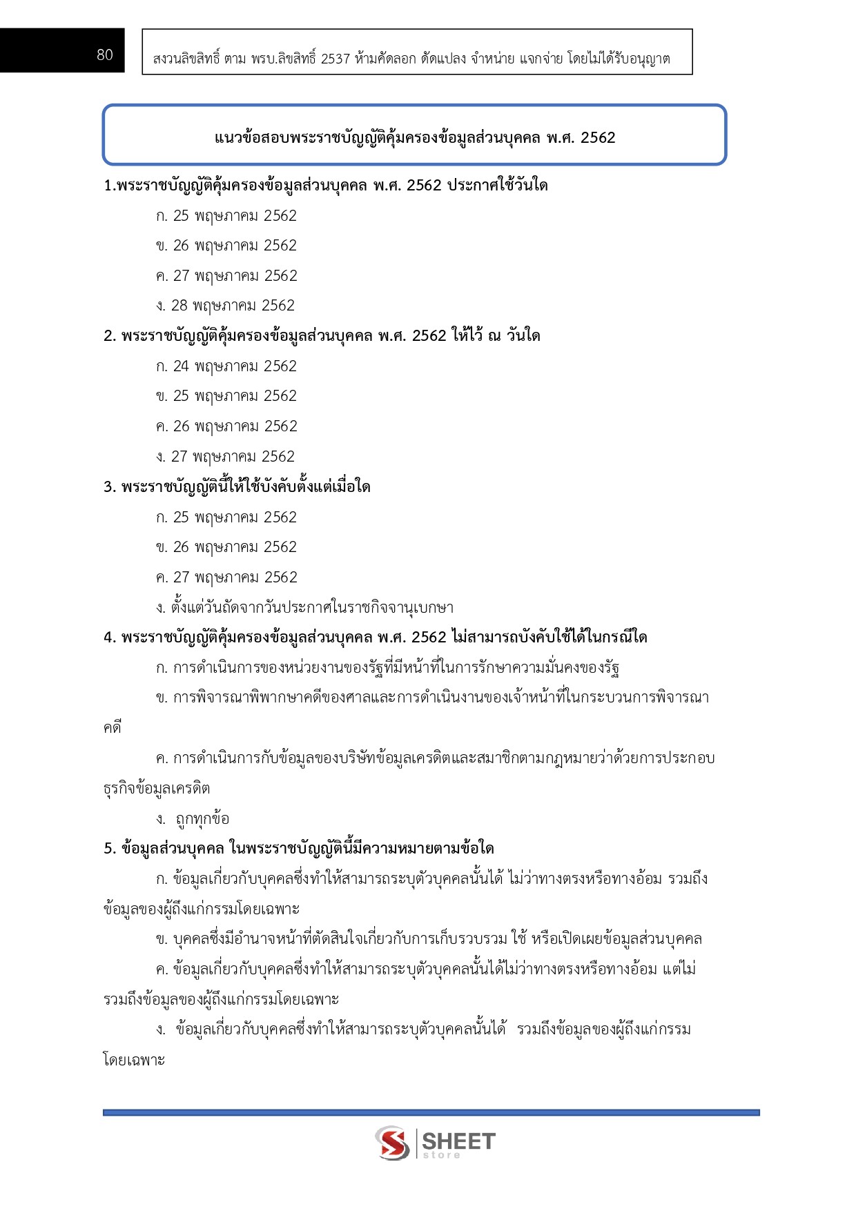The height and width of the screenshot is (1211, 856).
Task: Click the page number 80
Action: tap(105, 55)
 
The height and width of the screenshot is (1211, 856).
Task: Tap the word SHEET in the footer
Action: tap(458, 1140)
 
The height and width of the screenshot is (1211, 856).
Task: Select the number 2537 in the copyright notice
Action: tap(335, 59)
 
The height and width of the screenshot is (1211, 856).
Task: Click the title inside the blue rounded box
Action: tap(414, 137)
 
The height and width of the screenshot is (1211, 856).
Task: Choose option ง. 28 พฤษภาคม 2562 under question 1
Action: tap(226, 306)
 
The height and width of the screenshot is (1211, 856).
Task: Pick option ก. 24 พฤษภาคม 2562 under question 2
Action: tap(226, 366)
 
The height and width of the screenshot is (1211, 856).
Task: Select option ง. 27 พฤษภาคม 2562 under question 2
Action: tap(226, 457)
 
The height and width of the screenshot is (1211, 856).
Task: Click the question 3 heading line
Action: tap(237, 487)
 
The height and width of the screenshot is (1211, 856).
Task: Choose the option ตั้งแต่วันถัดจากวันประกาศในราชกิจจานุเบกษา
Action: tap(304, 608)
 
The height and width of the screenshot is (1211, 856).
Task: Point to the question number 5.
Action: tap(109, 849)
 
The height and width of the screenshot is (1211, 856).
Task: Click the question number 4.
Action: tap(109, 638)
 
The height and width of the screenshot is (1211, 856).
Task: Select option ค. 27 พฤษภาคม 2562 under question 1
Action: tap(226, 276)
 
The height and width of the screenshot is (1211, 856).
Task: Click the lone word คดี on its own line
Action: tap(113, 728)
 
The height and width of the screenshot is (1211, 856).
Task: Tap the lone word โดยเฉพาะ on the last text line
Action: tap(134, 1060)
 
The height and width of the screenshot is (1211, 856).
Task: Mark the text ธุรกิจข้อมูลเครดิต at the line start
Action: tap(157, 789)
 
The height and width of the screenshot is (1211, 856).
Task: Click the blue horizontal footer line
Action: tap(431, 1112)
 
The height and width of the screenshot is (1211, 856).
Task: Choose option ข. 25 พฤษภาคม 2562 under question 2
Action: tap(226, 396)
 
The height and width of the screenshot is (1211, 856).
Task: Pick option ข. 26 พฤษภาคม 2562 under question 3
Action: tap(226, 547)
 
